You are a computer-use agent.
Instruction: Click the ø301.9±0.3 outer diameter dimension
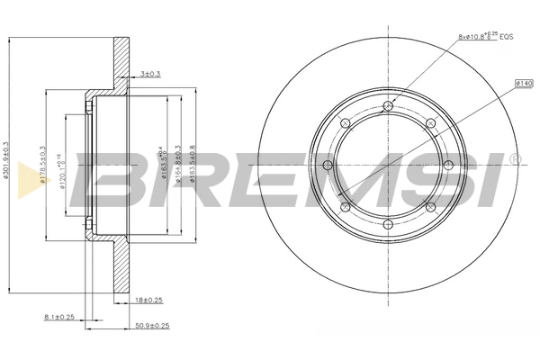7,166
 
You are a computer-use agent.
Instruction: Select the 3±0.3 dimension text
152,75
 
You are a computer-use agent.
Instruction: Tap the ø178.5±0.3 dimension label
43,166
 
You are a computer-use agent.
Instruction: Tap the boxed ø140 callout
525,83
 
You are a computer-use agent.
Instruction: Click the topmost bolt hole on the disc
388,107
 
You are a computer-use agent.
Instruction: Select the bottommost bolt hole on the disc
388,224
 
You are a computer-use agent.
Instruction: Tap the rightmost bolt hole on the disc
446,166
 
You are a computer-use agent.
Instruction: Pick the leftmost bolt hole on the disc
329,166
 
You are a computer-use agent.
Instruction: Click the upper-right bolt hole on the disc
429,124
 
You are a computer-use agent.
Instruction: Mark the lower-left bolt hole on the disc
346,207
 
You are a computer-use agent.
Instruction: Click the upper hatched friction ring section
121,63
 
